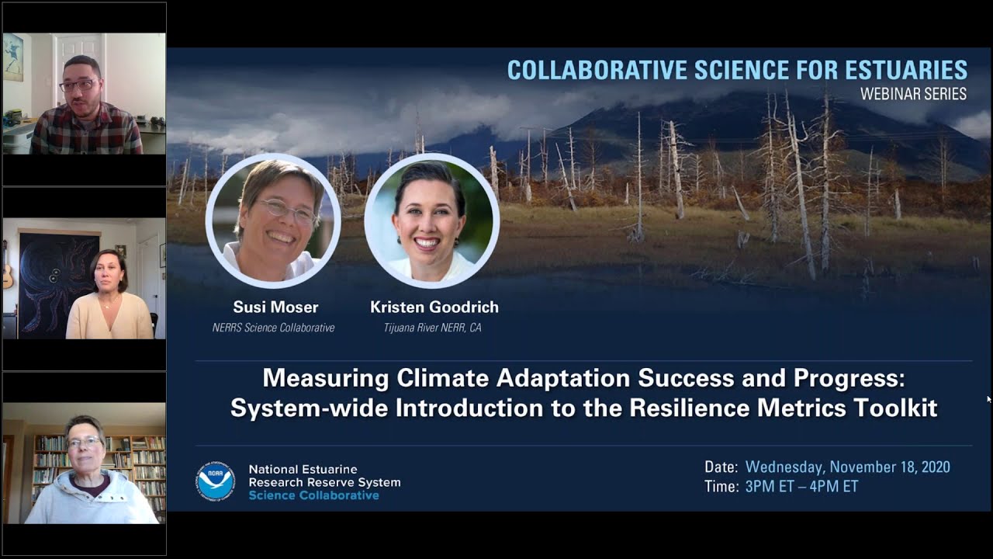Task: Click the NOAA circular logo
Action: click(x=215, y=481)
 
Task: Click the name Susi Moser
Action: click(x=275, y=307)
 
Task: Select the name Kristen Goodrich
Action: click(x=434, y=307)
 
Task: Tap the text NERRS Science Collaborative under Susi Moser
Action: click(x=273, y=328)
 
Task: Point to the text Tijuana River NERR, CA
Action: click(x=432, y=328)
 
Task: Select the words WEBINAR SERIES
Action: click(x=913, y=94)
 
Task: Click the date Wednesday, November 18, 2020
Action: click(x=847, y=467)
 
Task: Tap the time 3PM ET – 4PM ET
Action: click(x=801, y=487)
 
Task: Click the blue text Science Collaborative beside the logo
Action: click(x=313, y=495)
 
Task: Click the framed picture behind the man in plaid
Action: click(x=13, y=57)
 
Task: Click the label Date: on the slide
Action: click(x=721, y=467)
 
